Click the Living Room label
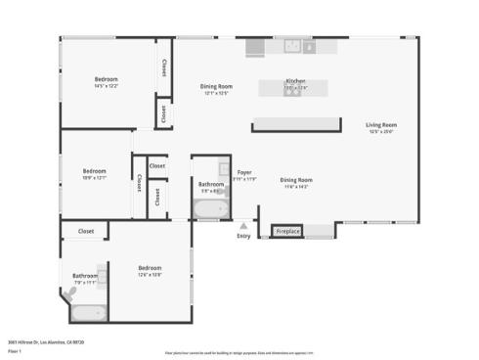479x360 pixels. click(x=380, y=125)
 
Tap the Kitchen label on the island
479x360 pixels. click(x=295, y=81)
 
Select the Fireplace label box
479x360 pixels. click(x=287, y=232)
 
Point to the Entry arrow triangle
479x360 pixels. click(x=243, y=225)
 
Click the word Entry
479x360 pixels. click(x=243, y=236)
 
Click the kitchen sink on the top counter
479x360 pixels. click(x=292, y=45)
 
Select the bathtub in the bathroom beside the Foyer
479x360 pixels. click(x=208, y=208)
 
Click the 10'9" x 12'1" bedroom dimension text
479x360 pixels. click(x=95, y=177)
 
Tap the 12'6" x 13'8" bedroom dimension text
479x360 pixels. click(x=150, y=274)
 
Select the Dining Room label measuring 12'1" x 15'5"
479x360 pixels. click(x=216, y=93)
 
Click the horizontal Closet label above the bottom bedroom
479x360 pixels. click(x=85, y=232)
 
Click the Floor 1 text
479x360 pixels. click(x=15, y=351)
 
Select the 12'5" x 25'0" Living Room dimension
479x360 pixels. click(x=380, y=132)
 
